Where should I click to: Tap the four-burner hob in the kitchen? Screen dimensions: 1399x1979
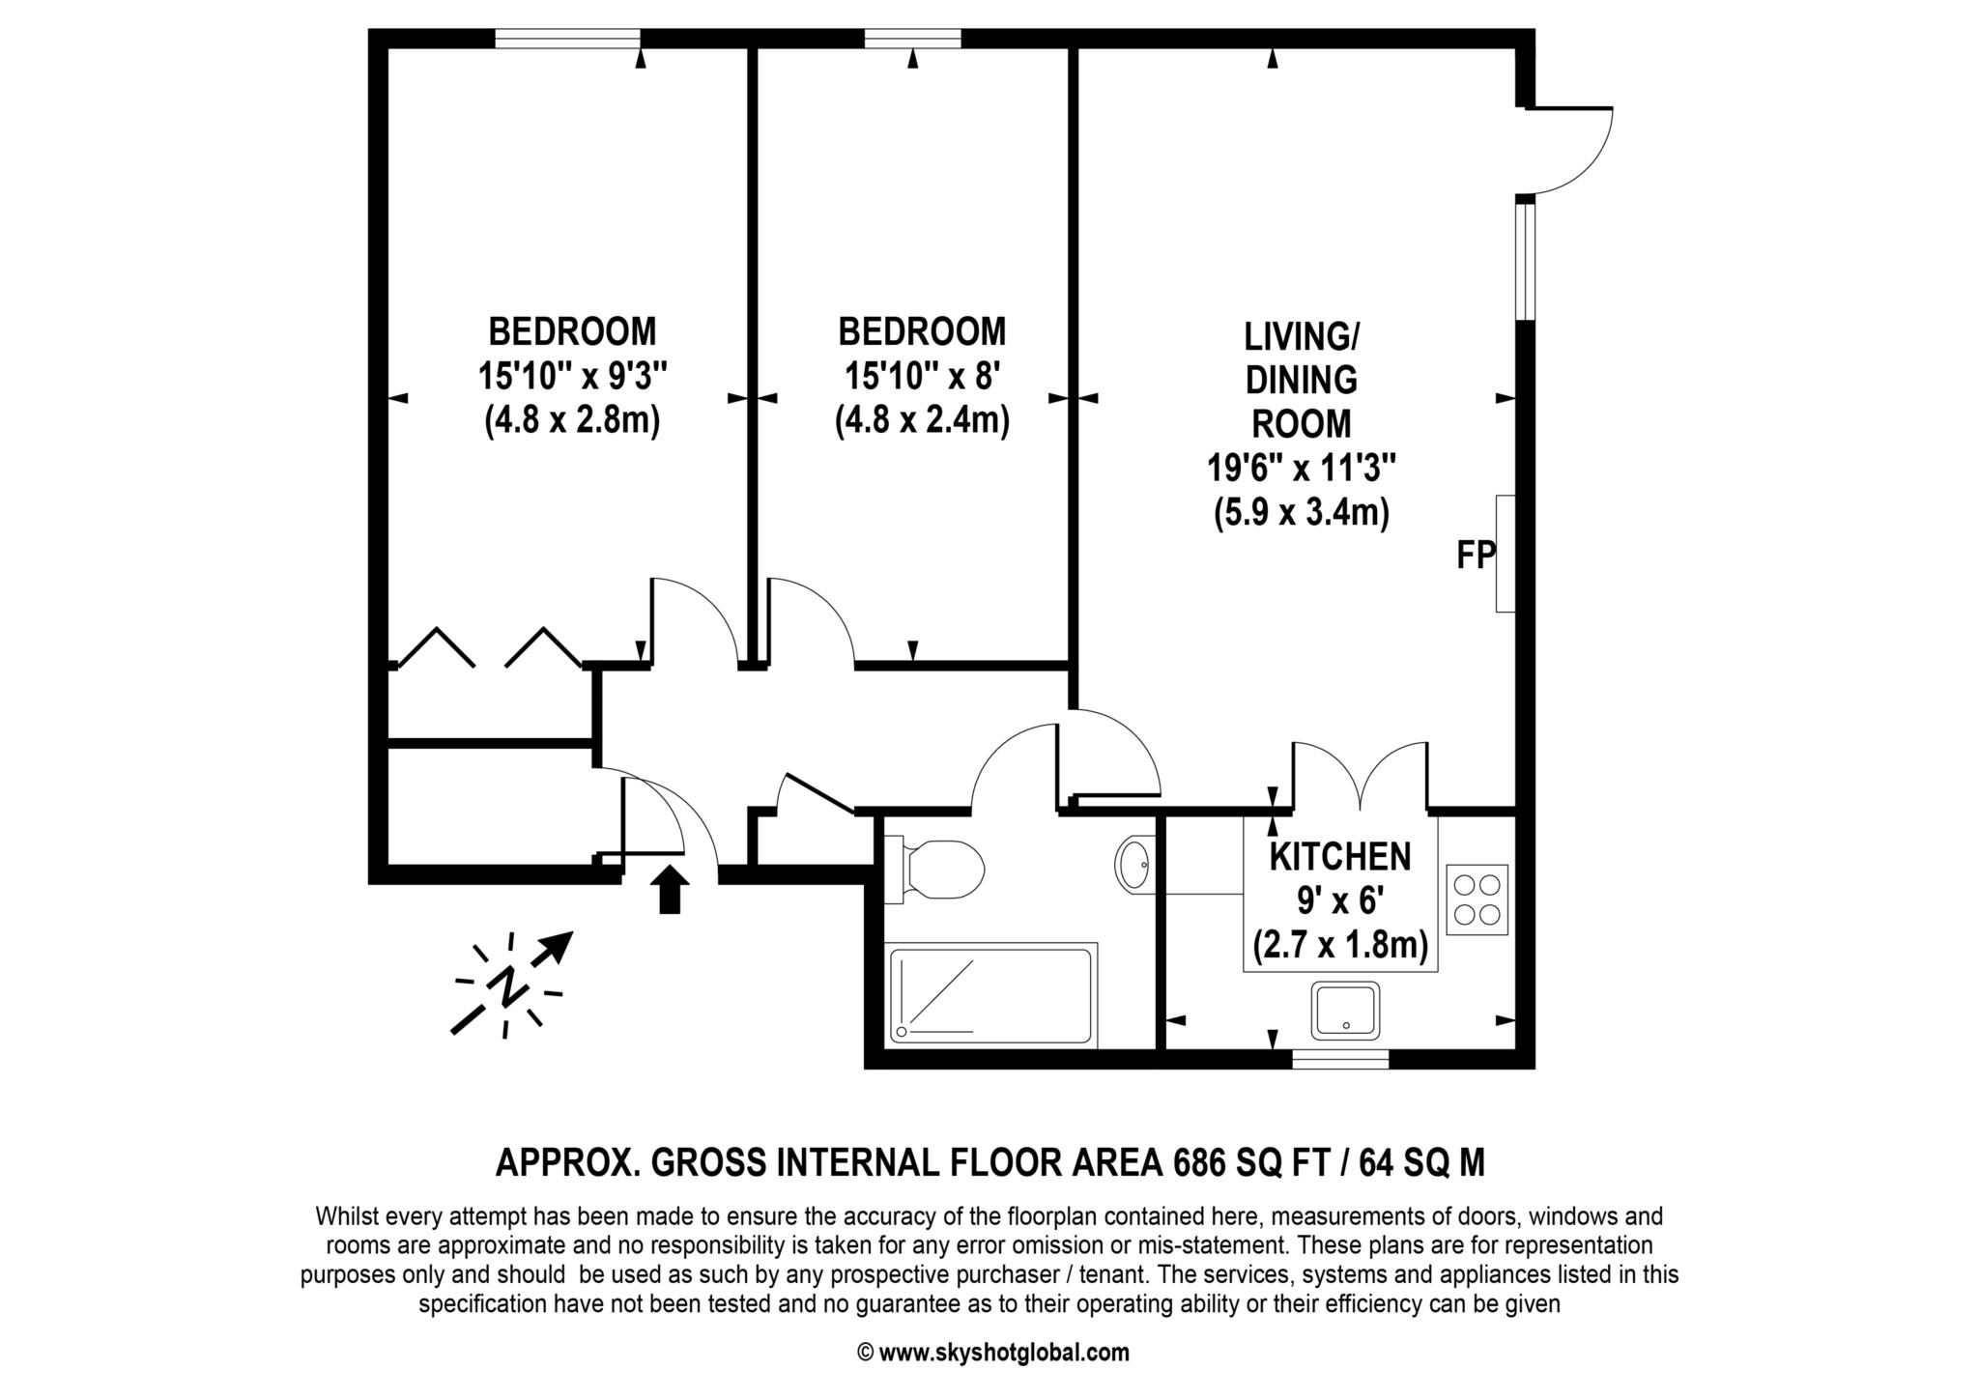[x=1477, y=899]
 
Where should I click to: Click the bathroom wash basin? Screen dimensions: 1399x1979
[x=1135, y=863]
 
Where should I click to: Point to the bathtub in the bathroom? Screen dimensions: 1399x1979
[x=990, y=995]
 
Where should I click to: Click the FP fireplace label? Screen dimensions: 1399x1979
[x=1476, y=556]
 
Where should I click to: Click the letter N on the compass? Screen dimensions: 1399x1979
[x=508, y=985]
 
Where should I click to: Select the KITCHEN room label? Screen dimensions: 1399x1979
[x=1339, y=857]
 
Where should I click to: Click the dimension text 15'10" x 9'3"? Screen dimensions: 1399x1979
[x=572, y=376]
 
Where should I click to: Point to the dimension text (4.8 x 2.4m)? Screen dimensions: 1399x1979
[x=922, y=421]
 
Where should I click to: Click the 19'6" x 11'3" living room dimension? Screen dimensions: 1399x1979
[x=1301, y=470]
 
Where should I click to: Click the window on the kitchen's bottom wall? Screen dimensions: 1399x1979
[x=1340, y=1059]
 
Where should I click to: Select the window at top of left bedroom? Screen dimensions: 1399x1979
[x=567, y=39]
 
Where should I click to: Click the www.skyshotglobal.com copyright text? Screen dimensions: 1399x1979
[x=993, y=1353]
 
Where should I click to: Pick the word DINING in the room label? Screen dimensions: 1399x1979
[x=1301, y=381]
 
